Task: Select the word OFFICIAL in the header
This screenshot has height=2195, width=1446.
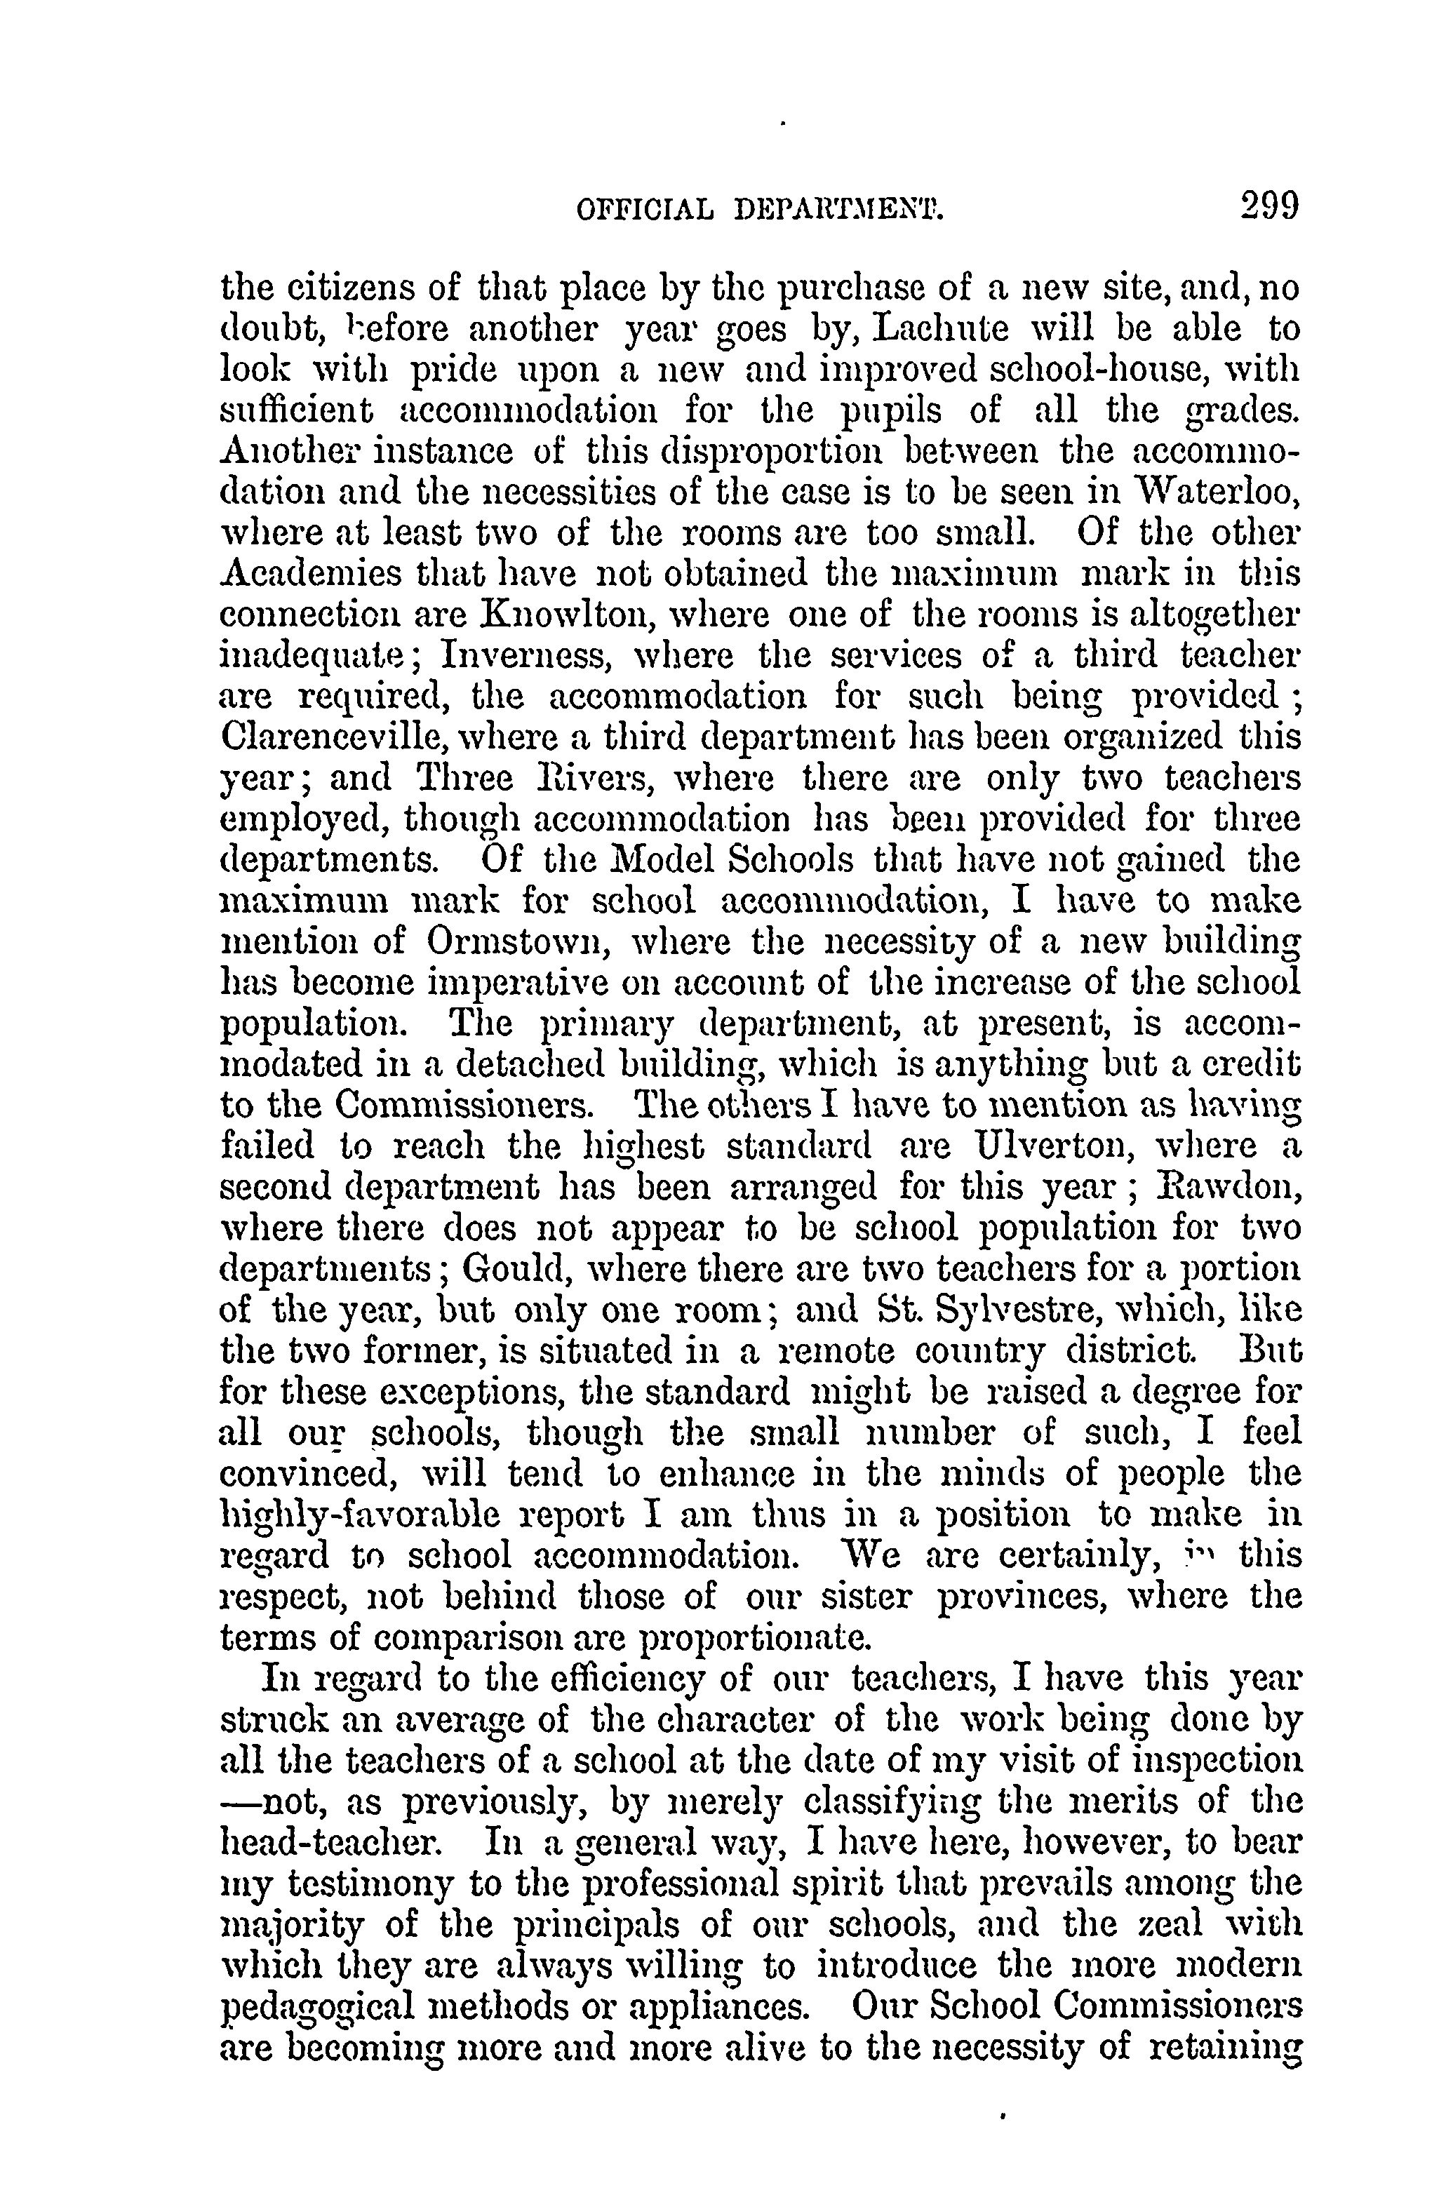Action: click(x=643, y=211)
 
